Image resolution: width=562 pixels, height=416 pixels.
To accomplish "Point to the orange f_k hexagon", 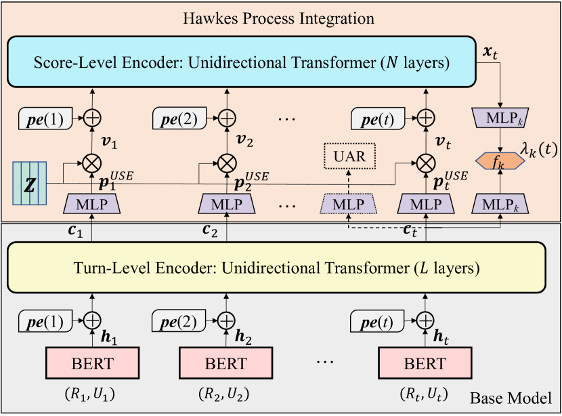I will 500,162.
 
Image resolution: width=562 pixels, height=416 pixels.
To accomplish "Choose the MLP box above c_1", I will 91,203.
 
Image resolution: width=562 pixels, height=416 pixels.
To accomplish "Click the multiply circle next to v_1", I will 91,162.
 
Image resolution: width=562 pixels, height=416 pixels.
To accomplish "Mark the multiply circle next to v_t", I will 425,162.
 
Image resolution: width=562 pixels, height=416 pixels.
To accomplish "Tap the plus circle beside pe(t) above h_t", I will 425,318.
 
